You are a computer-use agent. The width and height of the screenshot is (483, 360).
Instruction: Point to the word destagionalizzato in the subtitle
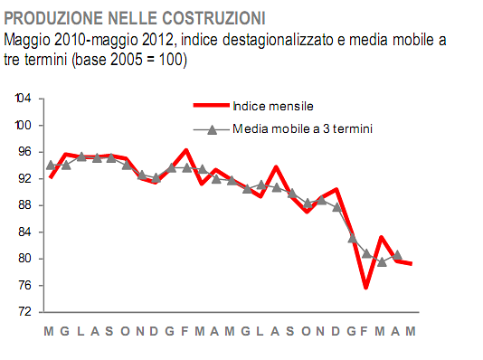point(280,41)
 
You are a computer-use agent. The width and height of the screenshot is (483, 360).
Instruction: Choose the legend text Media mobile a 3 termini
point(303,129)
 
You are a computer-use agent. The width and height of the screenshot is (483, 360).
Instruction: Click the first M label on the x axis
point(50,331)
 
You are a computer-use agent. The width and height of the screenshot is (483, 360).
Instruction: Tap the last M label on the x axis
point(411,331)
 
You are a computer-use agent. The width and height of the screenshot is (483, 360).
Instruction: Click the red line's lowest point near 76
point(366,288)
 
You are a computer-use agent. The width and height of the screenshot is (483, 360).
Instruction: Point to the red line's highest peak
point(185,150)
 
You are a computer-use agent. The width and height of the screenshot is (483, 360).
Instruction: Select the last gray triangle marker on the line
point(397,255)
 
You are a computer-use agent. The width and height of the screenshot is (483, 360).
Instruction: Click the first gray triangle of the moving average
point(51,166)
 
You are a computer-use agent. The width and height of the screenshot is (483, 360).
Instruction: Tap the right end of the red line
point(412,263)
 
